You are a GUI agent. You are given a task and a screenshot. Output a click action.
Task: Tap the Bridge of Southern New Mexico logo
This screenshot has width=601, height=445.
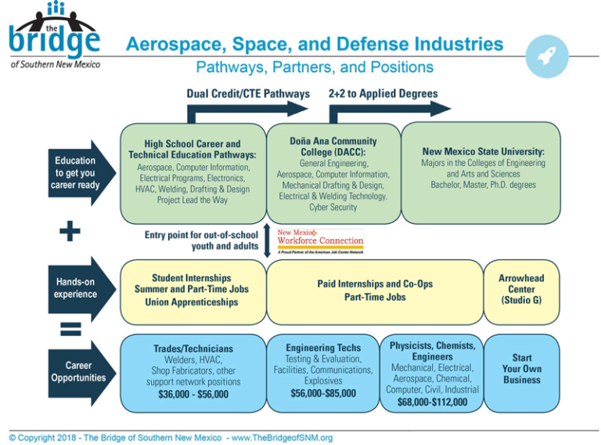coord(56,36)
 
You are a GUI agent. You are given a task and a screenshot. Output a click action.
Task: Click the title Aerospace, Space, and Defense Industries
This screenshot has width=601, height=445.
coord(315,44)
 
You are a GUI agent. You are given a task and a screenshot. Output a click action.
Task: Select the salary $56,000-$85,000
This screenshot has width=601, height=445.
coord(323,393)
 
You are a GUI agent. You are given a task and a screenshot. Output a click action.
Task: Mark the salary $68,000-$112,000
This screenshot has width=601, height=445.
coord(432,403)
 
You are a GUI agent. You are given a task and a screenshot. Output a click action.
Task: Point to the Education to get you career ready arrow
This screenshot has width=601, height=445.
coord(75,173)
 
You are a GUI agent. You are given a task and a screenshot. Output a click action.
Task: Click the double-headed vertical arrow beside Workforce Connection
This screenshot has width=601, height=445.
coord(268,241)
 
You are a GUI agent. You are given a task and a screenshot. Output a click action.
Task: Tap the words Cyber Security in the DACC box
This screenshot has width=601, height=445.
coord(333,208)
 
